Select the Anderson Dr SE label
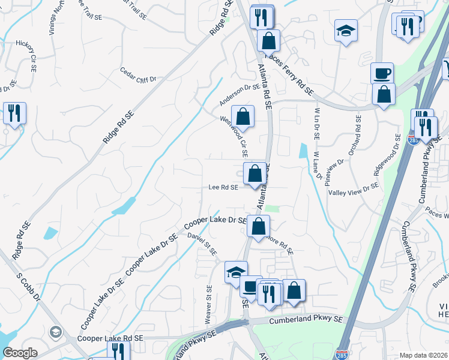[x=239, y=93]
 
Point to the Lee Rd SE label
[x=223, y=187]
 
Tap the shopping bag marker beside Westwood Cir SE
[x=243, y=115]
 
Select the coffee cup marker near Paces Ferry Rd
[x=382, y=73]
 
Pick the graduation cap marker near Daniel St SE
[x=236, y=272]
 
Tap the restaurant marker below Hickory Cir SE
[x=14, y=113]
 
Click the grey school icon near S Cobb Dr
[x=56, y=332]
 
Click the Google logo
[x=20, y=353]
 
